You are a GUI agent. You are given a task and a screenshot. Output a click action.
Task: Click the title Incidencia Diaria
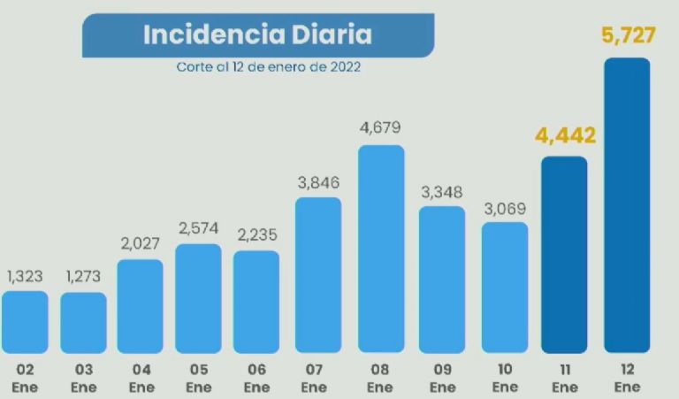[x=257, y=35]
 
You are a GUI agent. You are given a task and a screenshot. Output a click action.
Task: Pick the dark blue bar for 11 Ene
[x=564, y=255]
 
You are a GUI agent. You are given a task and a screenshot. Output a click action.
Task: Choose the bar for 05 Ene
[x=199, y=299]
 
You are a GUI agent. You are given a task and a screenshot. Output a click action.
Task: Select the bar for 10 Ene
[x=505, y=288]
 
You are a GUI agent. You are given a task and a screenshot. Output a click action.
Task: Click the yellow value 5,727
[x=627, y=38]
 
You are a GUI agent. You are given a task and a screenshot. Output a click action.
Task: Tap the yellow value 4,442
[x=565, y=136]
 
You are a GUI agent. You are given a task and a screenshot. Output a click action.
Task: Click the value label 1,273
[x=83, y=276]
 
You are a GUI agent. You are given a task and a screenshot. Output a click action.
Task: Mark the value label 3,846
[x=318, y=182]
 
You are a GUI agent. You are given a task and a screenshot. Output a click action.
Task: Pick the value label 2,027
[x=141, y=243]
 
